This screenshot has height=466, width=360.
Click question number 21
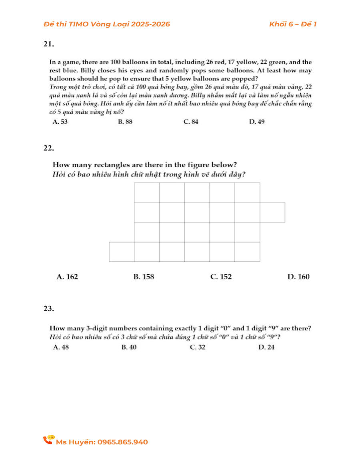tap(49, 44)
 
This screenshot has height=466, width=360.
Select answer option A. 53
tap(60, 122)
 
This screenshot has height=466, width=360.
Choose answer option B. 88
tap(125, 122)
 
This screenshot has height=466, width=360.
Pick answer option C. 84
tap(190, 122)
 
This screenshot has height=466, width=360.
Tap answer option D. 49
tap(256, 122)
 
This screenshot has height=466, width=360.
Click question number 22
tap(49, 148)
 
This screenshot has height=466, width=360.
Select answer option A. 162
tap(68, 277)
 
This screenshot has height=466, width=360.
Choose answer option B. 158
tap(144, 277)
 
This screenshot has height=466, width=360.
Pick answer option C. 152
tap(221, 277)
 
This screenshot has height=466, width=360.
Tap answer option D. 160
tap(298, 277)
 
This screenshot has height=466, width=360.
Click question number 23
tap(49, 308)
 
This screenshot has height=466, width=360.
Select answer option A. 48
tap(61, 347)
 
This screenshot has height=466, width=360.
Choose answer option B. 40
tap(129, 347)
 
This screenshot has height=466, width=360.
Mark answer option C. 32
tap(198, 347)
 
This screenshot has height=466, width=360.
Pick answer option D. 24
tap(267, 347)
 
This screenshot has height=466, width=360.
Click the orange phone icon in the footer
tap(49, 440)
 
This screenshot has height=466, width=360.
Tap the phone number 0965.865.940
tap(123, 442)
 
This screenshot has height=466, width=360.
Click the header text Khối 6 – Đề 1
tap(293, 24)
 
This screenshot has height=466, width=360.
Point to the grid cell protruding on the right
tap(272, 212)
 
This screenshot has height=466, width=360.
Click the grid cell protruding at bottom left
tap(122, 252)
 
